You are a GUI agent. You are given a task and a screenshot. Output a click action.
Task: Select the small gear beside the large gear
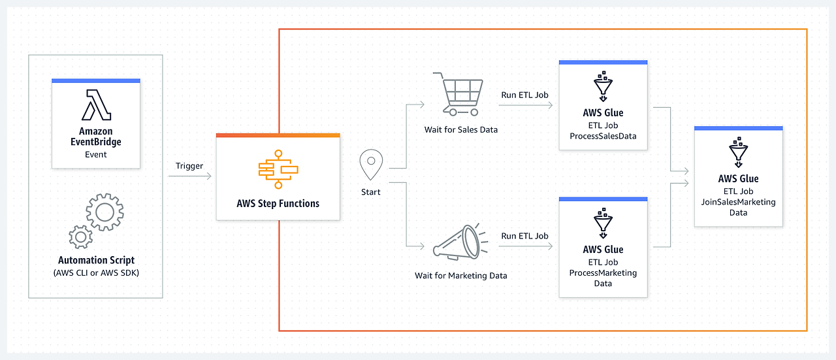tap(80, 236)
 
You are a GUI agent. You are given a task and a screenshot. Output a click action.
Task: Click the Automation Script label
tap(96, 260)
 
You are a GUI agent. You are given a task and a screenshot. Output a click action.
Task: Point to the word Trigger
tap(189, 165)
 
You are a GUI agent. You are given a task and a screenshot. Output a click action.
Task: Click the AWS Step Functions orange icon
tap(278, 169)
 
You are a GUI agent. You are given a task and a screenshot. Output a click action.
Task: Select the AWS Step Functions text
tap(278, 203)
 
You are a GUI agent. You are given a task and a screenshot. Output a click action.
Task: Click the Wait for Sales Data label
tap(460, 129)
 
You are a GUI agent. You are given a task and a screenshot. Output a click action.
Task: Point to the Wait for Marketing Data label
tap(460, 275)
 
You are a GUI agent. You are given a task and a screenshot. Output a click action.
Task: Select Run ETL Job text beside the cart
tap(524, 95)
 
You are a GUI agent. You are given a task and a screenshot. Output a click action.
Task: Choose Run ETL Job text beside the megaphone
tap(524, 236)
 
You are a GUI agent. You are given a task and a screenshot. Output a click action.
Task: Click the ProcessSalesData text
tap(603, 136)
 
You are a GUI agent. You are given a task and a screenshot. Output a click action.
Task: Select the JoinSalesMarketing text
tap(738, 202)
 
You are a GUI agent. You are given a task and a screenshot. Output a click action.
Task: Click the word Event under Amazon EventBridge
tap(96, 155)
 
